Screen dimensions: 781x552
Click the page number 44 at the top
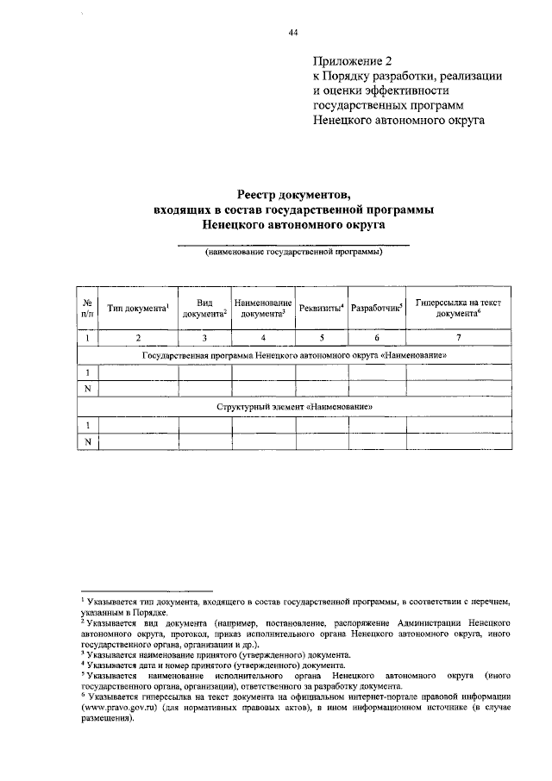(x=292, y=32)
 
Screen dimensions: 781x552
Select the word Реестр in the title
(x=263, y=195)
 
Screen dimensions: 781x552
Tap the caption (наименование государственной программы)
(x=293, y=253)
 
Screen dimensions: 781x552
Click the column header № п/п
(x=88, y=307)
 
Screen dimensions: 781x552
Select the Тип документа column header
(x=138, y=308)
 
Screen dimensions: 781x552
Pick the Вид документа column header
(x=204, y=308)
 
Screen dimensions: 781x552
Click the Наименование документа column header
(x=263, y=308)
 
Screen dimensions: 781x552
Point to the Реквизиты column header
(x=321, y=308)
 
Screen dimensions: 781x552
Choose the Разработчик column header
(x=377, y=308)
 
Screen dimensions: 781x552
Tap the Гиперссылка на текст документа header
(x=458, y=308)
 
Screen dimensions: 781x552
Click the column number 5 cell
(x=321, y=337)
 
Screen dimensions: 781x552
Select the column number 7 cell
(x=458, y=337)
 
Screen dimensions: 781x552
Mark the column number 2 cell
(x=138, y=337)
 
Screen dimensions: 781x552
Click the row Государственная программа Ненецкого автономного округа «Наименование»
(x=293, y=354)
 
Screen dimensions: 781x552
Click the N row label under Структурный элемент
(x=88, y=441)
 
